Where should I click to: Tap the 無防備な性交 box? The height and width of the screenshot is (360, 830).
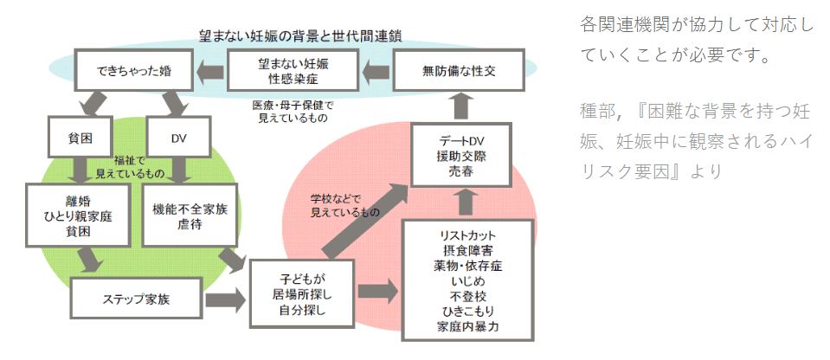point(459,70)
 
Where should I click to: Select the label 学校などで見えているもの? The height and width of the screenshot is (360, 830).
point(344,206)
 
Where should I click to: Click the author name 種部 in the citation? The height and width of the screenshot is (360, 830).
point(596,112)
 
